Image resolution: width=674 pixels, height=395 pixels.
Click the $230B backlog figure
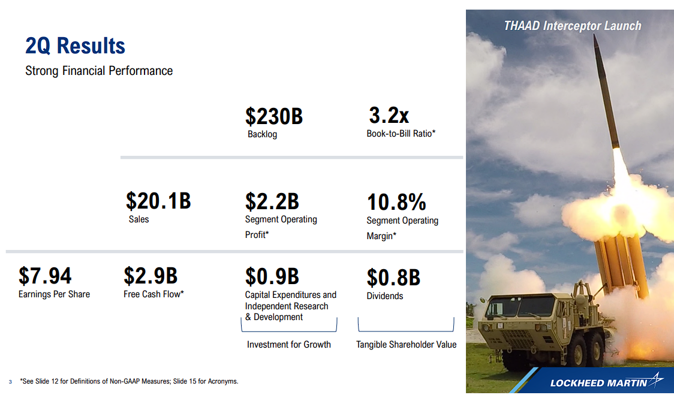(x=274, y=116)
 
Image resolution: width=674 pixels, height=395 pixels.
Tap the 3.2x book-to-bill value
(x=389, y=115)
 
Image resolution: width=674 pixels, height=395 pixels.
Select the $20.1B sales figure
(x=158, y=201)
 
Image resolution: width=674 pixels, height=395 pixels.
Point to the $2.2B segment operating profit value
(x=272, y=201)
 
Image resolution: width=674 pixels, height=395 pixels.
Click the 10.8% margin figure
(x=396, y=202)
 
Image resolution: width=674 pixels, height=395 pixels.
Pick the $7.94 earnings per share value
(x=45, y=276)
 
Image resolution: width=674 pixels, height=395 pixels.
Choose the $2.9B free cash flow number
(x=151, y=276)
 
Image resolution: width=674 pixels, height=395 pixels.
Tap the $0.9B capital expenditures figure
(x=272, y=276)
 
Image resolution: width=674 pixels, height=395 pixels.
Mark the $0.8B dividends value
(x=393, y=278)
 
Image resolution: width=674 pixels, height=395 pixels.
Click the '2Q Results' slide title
(x=75, y=46)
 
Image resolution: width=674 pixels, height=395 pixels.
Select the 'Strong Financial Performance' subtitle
(x=99, y=71)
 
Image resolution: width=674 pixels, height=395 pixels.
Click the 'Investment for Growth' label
(x=289, y=344)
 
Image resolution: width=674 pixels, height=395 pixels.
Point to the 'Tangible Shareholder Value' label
(x=406, y=344)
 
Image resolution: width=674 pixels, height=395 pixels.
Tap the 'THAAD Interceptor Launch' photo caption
(x=573, y=26)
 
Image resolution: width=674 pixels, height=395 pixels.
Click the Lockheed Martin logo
(x=607, y=382)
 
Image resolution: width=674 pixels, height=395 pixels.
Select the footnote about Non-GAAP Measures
(x=129, y=381)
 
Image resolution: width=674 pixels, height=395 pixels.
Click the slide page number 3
(x=10, y=382)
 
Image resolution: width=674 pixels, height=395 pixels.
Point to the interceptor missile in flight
(x=606, y=92)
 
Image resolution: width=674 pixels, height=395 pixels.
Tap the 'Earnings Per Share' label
(x=54, y=294)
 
